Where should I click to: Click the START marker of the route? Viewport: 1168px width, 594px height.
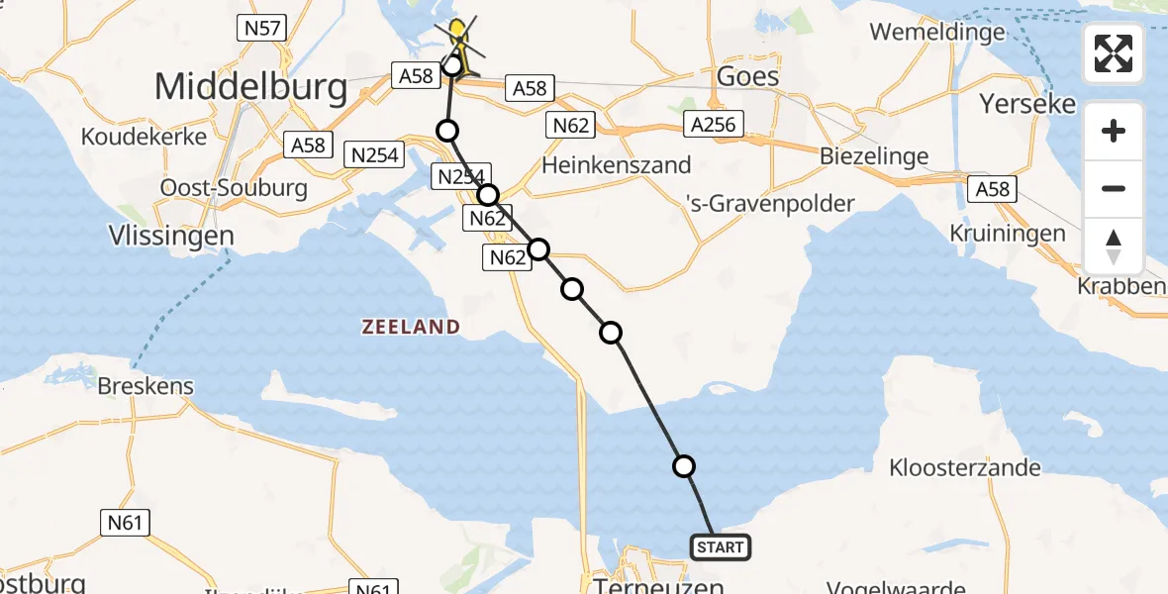pos(720,546)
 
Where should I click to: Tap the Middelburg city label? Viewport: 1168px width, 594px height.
pos(251,88)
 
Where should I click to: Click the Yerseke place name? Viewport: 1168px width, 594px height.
pos(1026,103)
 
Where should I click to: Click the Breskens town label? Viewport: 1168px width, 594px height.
pos(146,385)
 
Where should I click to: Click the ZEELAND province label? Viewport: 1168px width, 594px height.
pos(410,327)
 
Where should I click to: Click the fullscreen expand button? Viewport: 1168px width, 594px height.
pos(1114,52)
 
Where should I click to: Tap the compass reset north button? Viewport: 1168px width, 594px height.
pos(1114,247)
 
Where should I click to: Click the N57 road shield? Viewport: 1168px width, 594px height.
pos(261,28)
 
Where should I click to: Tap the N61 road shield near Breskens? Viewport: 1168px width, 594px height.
pos(125,522)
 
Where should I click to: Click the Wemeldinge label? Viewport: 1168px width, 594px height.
pos(937,32)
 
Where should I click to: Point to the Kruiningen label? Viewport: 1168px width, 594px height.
pos(1008,234)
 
